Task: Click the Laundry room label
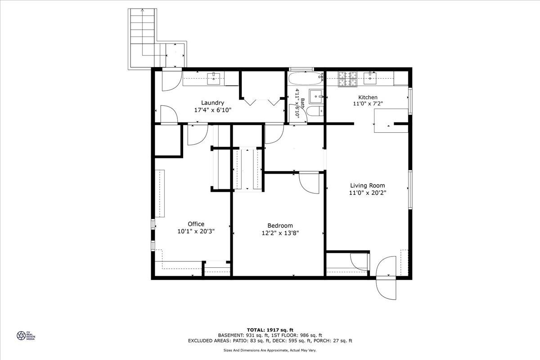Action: (212, 103)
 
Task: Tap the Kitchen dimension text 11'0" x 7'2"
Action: (368, 103)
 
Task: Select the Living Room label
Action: (367, 185)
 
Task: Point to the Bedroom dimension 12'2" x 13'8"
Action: (280, 233)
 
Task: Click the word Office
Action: (196, 224)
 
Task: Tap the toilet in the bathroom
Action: (315, 111)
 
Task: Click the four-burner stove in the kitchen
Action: (347, 79)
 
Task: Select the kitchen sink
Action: (370, 78)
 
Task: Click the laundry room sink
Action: (214, 78)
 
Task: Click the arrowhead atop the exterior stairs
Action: (143, 10)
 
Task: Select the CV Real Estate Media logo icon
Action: (21, 335)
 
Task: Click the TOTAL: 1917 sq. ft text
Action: (270, 330)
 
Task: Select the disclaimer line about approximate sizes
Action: (270, 351)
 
